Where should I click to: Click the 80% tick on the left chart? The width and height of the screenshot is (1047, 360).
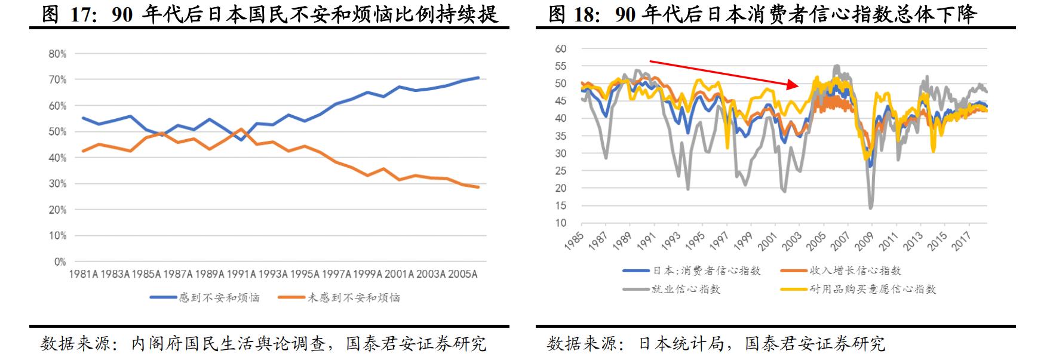click(57, 54)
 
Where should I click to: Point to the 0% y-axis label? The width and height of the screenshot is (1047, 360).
click(60, 261)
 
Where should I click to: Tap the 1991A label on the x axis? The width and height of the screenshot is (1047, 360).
click(241, 274)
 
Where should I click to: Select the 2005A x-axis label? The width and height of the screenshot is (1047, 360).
click(462, 274)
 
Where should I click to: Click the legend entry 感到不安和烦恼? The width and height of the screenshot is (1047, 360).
click(219, 297)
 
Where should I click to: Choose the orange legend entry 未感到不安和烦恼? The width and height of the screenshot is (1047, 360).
click(353, 297)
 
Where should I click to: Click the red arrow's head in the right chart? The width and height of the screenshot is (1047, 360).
click(794, 85)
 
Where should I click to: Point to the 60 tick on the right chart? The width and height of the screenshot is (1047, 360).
click(560, 49)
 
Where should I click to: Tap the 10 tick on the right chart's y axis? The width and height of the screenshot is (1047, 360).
click(560, 223)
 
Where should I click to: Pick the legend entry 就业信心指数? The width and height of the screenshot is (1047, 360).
click(685, 290)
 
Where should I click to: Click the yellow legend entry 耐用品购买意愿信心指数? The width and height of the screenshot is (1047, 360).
click(872, 290)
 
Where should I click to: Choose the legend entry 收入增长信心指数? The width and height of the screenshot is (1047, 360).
click(855, 271)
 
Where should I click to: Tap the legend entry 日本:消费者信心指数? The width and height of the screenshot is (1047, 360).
click(706, 271)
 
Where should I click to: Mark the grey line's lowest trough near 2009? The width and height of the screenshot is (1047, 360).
click(871, 207)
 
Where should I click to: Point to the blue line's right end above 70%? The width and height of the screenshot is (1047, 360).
click(478, 78)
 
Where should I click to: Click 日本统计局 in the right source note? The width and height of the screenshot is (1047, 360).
click(681, 344)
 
